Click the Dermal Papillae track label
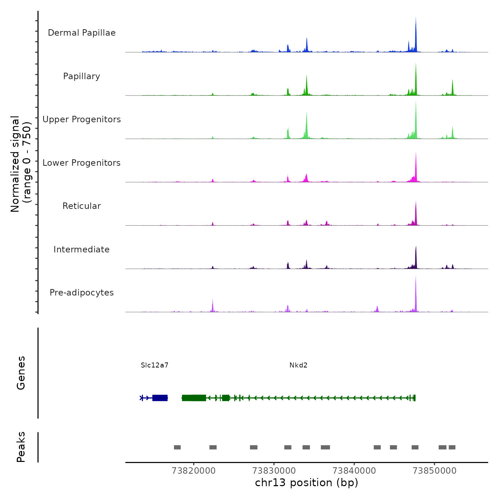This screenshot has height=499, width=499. coord(82,33)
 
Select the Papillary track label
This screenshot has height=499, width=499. coord(82,76)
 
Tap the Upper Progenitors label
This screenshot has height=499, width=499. coord(82,119)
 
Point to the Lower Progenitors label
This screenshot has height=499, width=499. coord(82,163)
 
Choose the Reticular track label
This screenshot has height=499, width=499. coord(82,206)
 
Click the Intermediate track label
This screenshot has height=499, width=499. coord(82,249)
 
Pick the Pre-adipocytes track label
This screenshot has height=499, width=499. coord(82,293)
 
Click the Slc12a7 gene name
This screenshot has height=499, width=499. coord(154,365)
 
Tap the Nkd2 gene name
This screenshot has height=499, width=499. coord(298,365)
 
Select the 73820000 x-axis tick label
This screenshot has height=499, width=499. coord(194,471)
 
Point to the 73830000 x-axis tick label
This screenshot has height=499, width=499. coord(274,471)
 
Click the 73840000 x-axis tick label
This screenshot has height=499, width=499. coord(354,471)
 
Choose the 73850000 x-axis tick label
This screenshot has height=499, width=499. coord(434,471)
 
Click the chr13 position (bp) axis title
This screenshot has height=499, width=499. coord(307,483)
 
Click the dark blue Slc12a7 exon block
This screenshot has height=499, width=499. coord(160,398)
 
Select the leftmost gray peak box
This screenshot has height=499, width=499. coord(177,447)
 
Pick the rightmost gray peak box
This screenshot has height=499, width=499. coord(452,447)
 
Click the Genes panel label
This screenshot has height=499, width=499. coord(21,373)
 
